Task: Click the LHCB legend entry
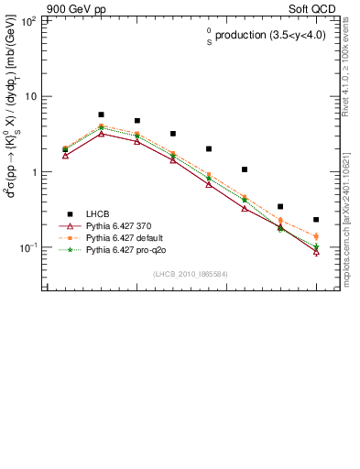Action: point(98,213)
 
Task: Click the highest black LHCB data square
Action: point(101,115)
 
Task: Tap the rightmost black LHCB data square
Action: point(316,220)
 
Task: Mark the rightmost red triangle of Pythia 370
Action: point(316,251)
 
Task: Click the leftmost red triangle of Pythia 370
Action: point(65,156)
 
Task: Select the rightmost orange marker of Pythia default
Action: point(316,236)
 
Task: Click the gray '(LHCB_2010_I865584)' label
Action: point(191,274)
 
